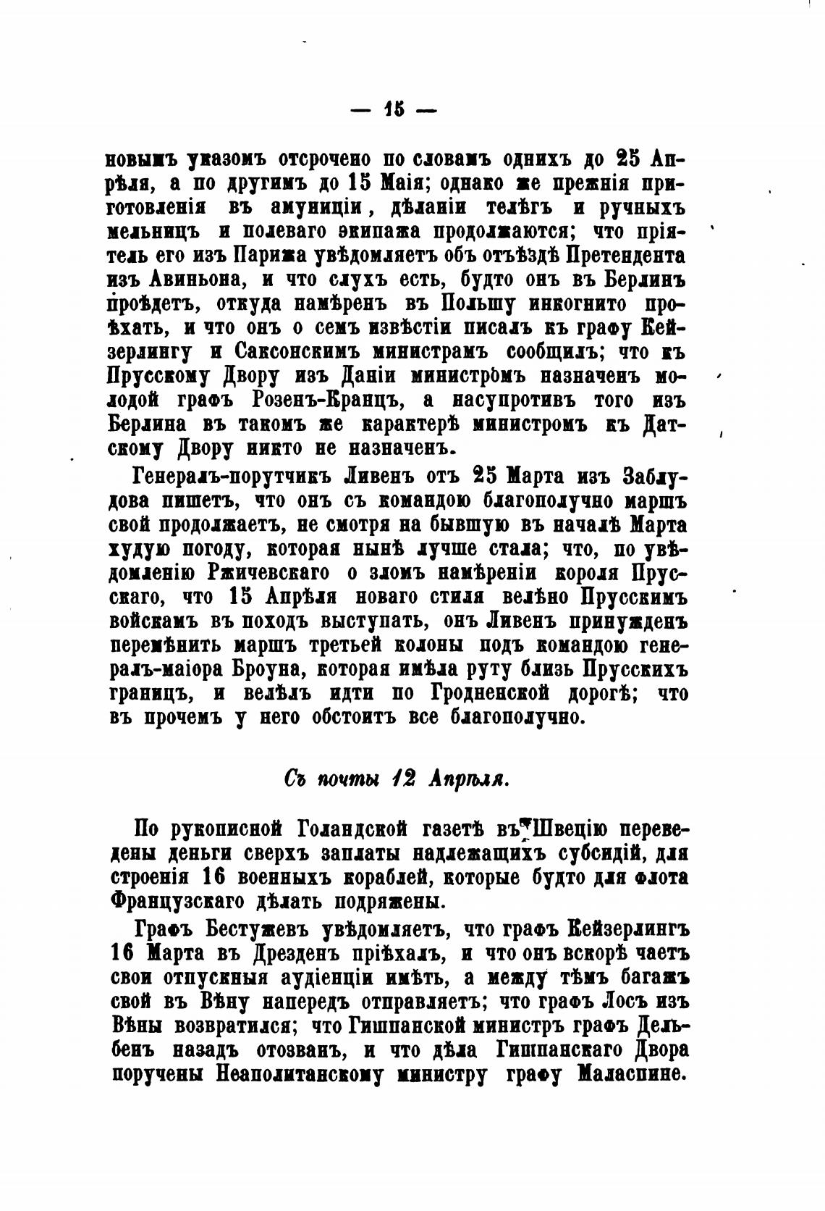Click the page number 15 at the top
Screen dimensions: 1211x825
pyautogui.click(x=394, y=110)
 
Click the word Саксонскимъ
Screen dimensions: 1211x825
pyautogui.click(x=297, y=352)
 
